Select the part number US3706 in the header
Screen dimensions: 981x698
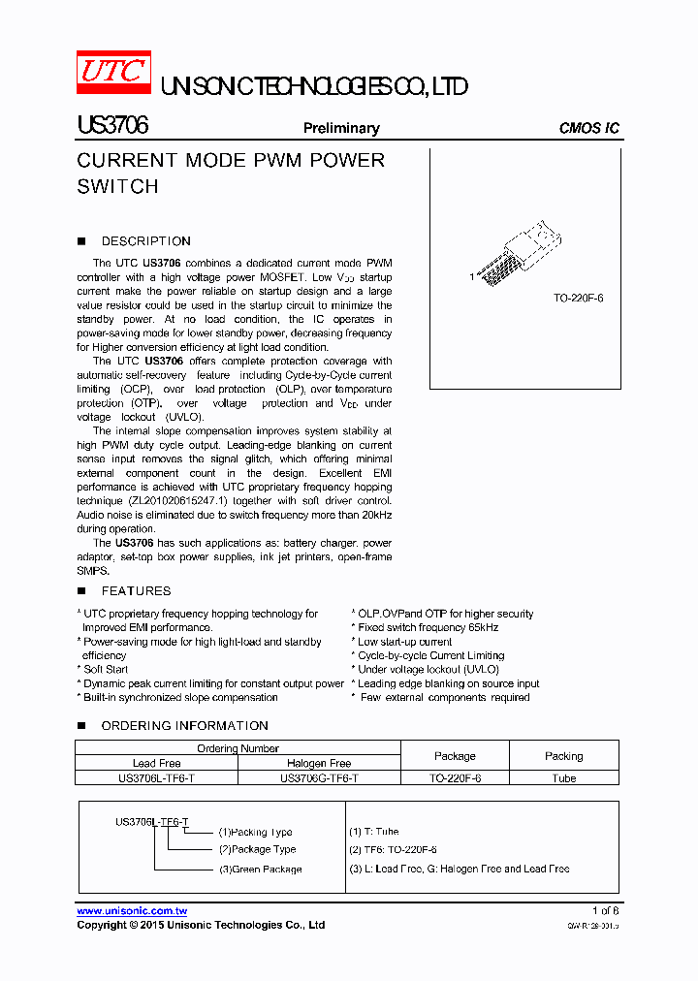point(111,127)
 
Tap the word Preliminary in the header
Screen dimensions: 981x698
point(341,128)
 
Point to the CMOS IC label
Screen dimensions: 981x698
point(589,128)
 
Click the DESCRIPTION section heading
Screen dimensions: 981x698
point(145,241)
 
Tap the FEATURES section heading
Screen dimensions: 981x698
point(136,590)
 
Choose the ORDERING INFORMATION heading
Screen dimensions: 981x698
point(184,725)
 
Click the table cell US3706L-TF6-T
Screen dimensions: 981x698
point(156,777)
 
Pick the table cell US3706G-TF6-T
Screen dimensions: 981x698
point(319,777)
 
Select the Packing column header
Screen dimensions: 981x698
point(563,756)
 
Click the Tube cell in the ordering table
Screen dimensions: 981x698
point(563,777)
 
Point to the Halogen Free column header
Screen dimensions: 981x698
point(319,763)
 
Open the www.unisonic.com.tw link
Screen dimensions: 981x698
point(132,911)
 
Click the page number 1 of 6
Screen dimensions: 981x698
point(605,910)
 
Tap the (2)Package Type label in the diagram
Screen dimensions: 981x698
point(257,849)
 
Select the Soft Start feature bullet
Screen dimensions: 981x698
point(106,669)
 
